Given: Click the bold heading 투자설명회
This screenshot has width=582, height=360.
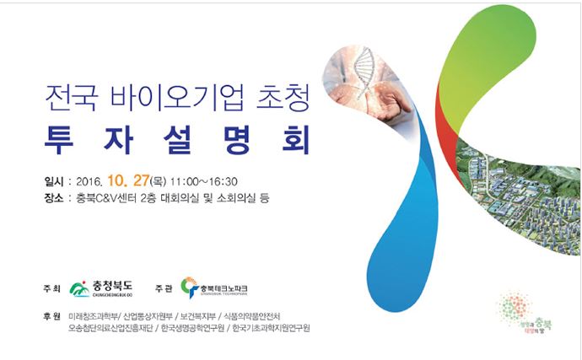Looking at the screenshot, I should (x=178, y=137).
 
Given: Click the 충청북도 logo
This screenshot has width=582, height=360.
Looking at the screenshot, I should (x=102, y=288).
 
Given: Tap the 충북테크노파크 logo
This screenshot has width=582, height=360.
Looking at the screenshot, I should (x=213, y=288).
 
